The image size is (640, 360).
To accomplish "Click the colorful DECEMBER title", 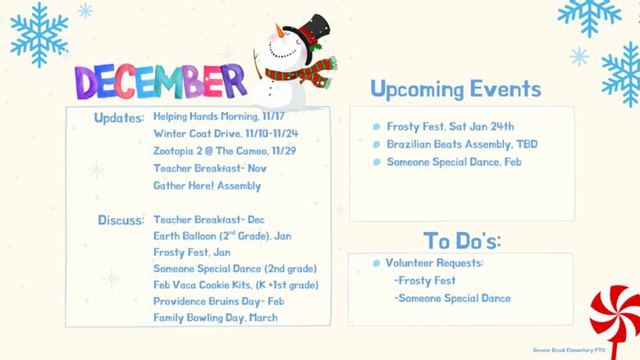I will point(159,81).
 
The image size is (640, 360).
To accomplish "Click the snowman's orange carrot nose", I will point(281,32).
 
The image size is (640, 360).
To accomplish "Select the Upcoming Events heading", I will point(455,89).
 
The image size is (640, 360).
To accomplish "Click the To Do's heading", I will point(462,240).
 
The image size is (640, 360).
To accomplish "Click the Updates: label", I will point(119,117).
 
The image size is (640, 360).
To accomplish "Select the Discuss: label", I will point(121,220).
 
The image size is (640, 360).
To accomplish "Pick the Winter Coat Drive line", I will point(214,134).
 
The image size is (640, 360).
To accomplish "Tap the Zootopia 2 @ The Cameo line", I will point(216,151).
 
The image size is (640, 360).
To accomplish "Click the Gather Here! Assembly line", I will point(207,185).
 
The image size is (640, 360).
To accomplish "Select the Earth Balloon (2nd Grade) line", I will point(222,235).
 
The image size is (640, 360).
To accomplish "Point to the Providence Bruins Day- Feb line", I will point(217,301).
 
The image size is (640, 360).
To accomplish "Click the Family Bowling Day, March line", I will point(215,317).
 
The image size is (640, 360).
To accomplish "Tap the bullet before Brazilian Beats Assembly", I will point(377,144).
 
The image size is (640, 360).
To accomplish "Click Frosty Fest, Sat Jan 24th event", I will point(450,126).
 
